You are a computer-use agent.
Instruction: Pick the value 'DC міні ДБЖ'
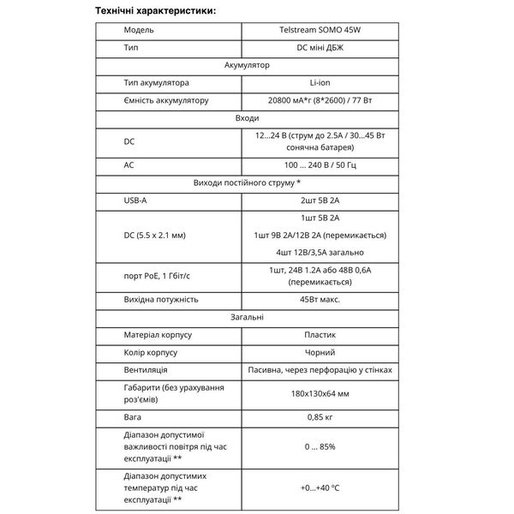314,47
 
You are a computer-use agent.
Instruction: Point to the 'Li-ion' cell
314,82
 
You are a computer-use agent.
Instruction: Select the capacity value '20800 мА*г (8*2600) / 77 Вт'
314,100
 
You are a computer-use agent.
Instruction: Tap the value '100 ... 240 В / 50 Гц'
314,164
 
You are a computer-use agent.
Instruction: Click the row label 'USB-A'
137,200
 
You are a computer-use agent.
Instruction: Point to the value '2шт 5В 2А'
314,200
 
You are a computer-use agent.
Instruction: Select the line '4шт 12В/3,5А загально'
314,252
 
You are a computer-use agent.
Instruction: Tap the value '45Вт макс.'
314,299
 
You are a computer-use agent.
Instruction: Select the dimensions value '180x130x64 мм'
314,394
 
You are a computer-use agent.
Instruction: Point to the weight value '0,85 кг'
314,418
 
